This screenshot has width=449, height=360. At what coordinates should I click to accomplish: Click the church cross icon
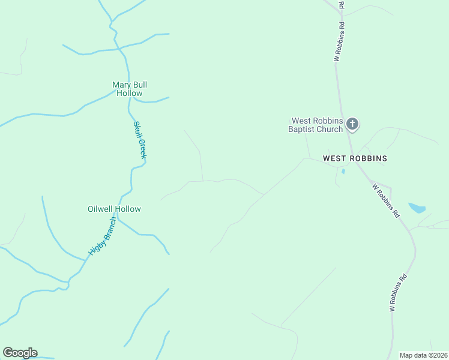point(352,124)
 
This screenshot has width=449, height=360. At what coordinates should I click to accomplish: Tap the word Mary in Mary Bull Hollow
point(122,85)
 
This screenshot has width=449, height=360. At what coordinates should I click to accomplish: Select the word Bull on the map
point(139,85)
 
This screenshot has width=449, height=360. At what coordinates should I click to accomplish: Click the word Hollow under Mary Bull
point(130,93)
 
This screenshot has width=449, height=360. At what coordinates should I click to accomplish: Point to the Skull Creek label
point(139,140)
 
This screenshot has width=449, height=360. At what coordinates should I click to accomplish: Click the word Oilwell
point(101,209)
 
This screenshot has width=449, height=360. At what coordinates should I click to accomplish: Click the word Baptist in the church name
point(303,128)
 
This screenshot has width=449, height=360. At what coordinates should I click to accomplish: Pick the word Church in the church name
point(331,128)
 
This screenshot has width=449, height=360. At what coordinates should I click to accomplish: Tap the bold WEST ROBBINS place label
point(355,158)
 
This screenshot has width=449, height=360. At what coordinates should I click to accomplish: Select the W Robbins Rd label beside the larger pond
point(386,200)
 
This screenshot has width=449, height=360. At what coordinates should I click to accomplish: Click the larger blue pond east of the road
point(417,208)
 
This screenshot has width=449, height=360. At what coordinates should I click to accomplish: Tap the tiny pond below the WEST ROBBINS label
point(343,171)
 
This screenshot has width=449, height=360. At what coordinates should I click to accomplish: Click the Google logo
point(20,353)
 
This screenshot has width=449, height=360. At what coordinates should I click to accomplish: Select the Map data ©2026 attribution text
point(423,355)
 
